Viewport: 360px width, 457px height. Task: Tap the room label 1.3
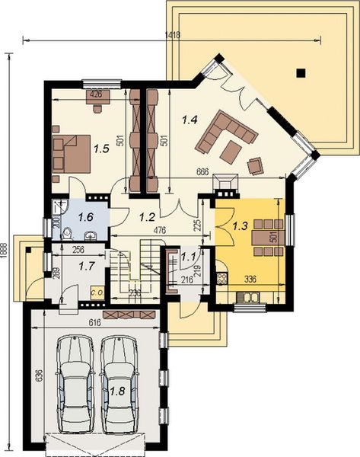pos(240,225)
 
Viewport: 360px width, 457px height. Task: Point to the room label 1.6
pos(85,217)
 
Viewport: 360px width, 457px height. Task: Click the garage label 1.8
pos(117,391)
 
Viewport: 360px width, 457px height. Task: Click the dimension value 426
pos(96,94)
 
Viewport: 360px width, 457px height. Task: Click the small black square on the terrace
pos(301,73)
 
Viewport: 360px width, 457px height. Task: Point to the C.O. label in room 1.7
pos(97,291)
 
